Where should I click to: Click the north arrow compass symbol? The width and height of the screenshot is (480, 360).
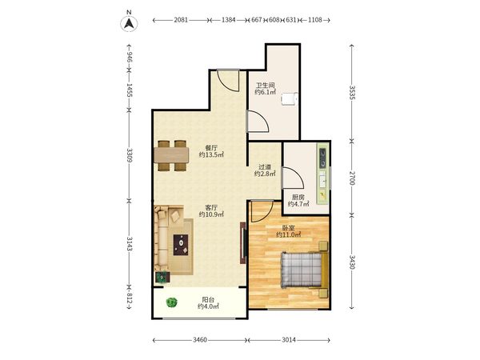[129, 23]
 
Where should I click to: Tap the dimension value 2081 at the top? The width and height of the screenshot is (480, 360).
[181, 20]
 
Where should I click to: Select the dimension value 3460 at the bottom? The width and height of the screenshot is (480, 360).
[200, 340]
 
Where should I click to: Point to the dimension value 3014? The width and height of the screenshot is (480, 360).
[289, 340]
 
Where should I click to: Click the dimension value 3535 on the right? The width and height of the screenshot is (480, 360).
[352, 93]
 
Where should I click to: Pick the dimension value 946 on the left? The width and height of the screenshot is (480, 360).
[129, 58]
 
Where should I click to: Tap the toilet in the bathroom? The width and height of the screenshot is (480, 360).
[290, 98]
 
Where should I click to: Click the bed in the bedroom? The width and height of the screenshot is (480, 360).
[305, 270]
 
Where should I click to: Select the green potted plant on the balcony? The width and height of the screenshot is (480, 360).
[172, 302]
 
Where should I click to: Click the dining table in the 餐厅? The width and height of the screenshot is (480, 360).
[171, 155]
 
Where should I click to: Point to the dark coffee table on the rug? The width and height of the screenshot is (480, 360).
[181, 245]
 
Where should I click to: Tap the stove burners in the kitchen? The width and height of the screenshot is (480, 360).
[322, 158]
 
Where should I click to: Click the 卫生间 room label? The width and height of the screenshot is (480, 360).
[265, 85]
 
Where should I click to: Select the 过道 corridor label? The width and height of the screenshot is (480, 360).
[265, 167]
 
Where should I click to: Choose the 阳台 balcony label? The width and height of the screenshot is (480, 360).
[208, 300]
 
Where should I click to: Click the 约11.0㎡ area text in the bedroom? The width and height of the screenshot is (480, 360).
[288, 234]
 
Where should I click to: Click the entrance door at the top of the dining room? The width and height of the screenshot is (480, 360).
[228, 81]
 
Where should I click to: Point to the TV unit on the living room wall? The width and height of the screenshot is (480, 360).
[243, 242]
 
